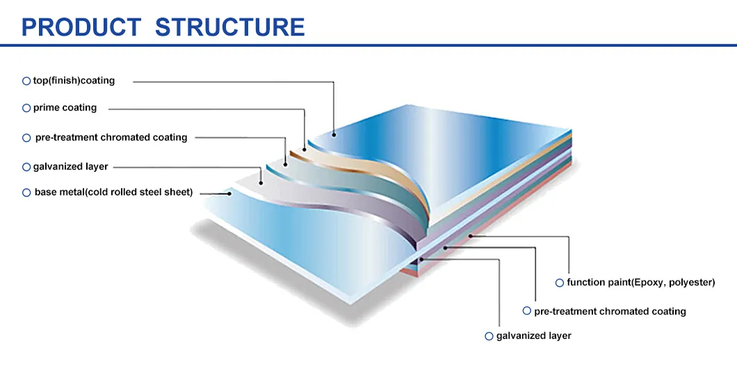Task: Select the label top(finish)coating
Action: [x=74, y=81]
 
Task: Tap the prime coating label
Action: [x=65, y=108]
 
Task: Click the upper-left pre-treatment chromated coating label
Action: [x=111, y=138]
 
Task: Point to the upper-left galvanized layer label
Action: [x=70, y=167]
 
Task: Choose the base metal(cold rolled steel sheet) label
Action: [x=113, y=192]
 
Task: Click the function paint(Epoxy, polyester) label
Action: [x=640, y=283]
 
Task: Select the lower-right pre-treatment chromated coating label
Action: [x=610, y=311]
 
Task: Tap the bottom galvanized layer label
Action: [x=533, y=336]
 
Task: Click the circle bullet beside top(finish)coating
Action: [x=26, y=81]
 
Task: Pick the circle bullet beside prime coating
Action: [x=26, y=109]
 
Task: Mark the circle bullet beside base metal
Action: [x=26, y=193]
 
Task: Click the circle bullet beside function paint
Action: [x=559, y=283]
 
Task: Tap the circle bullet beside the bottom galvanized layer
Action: [x=489, y=336]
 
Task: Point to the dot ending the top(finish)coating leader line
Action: [x=334, y=135]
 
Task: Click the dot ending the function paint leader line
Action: [x=471, y=237]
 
